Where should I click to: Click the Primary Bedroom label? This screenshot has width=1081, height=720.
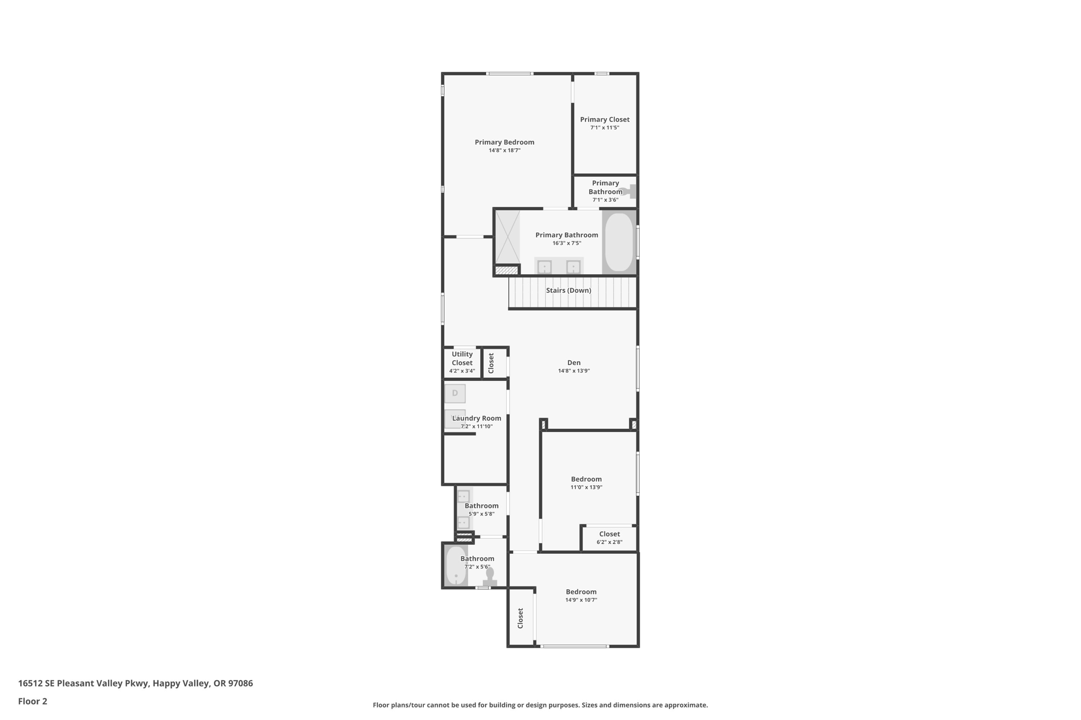[504, 142]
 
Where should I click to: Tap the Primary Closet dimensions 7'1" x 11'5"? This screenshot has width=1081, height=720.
[604, 128]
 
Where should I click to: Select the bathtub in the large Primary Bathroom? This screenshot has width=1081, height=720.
[619, 242]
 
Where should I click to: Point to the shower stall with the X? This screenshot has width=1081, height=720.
[507, 237]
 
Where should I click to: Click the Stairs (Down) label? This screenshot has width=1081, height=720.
[568, 291]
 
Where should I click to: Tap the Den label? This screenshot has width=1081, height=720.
[574, 362]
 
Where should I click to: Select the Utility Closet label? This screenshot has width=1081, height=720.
[462, 359]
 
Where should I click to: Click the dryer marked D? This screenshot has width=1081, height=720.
[455, 393]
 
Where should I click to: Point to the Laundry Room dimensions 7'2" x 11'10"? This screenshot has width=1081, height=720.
[477, 426]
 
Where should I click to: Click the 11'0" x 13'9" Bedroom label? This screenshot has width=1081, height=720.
[586, 479]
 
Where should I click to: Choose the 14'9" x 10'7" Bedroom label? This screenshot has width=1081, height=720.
[581, 592]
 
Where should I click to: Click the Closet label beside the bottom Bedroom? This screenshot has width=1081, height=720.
[520, 618]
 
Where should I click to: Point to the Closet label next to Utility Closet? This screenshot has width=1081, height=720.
[491, 363]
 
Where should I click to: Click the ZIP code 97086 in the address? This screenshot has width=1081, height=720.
[240, 683]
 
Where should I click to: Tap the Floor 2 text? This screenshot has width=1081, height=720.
[33, 701]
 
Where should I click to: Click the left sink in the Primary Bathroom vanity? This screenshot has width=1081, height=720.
[544, 267]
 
